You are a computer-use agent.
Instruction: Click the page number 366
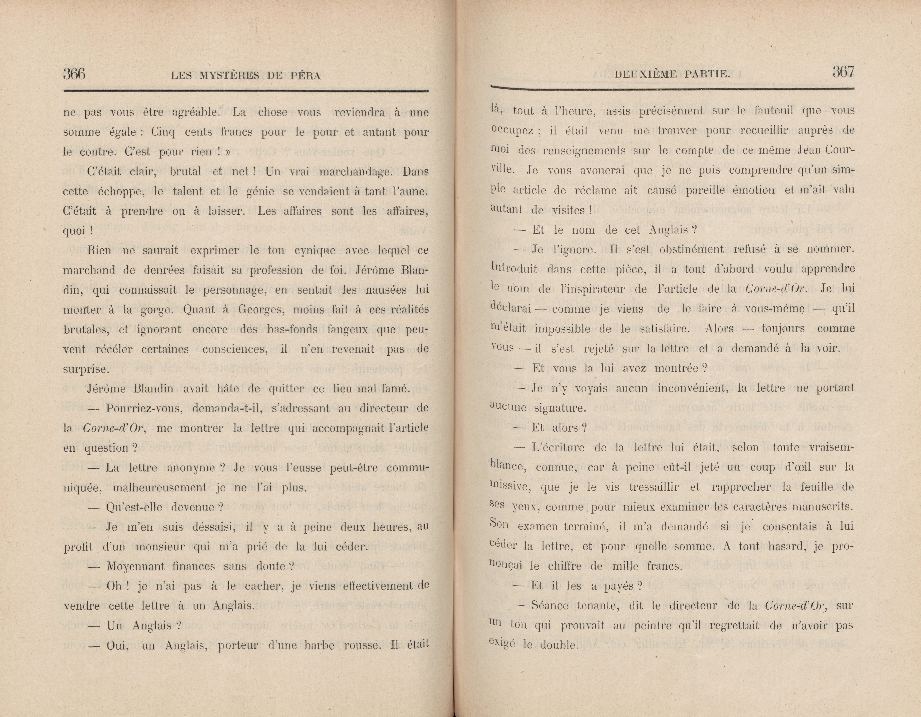74,74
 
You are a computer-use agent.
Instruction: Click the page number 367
843,72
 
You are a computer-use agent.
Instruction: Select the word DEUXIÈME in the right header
642,75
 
